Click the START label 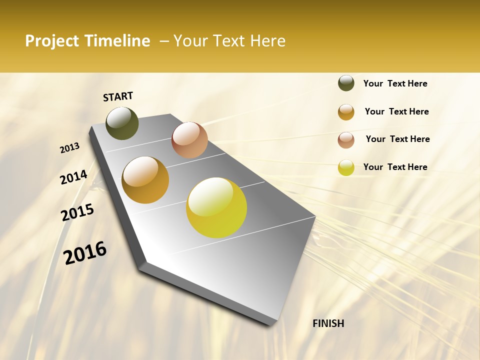(118, 96)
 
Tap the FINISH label (328, 323)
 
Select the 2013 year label (69, 148)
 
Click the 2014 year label (73, 177)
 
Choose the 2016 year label (85, 252)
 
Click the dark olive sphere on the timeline (122, 123)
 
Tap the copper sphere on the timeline (189, 140)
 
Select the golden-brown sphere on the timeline (145, 180)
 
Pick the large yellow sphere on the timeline (216, 207)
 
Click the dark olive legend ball (346, 83)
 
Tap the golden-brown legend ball (346, 112)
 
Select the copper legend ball (346, 140)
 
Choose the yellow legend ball (346, 167)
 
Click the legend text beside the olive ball (395, 83)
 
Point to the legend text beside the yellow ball (395, 167)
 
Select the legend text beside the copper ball (397, 139)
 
